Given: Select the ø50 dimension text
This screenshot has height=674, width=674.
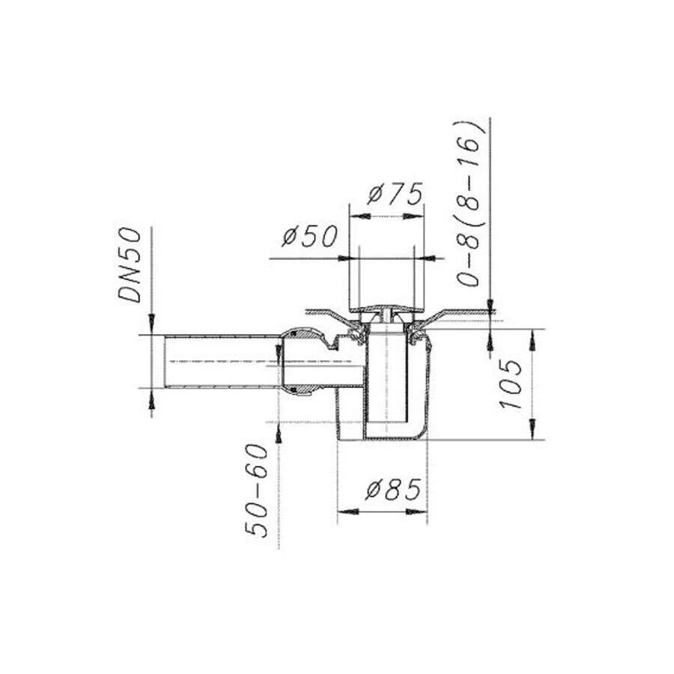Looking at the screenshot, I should (x=309, y=237).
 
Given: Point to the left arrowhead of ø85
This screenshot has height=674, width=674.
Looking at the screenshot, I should (x=345, y=511).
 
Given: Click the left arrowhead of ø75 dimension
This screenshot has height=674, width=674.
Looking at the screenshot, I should (x=357, y=216).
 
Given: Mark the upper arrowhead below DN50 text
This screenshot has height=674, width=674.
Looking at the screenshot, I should (x=152, y=326).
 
